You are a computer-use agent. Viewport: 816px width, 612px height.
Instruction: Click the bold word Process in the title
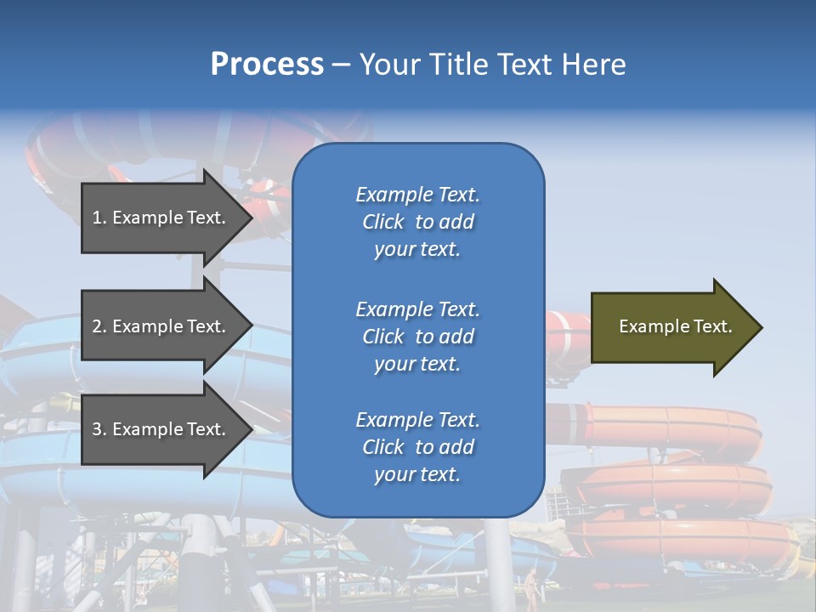pyautogui.click(x=267, y=65)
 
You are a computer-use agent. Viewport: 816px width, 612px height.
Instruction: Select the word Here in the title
pyautogui.click(x=592, y=65)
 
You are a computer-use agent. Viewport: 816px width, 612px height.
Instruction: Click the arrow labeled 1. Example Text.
pyautogui.click(x=161, y=218)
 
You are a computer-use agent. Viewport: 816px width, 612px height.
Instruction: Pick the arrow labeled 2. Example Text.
pyautogui.click(x=161, y=326)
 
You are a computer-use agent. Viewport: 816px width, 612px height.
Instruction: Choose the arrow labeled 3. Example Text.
pyautogui.click(x=161, y=429)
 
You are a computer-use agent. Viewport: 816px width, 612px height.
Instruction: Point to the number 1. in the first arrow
pyautogui.click(x=99, y=218)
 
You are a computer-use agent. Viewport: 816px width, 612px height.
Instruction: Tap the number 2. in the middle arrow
pyautogui.click(x=99, y=326)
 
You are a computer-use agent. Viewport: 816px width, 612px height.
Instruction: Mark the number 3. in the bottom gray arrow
pyautogui.click(x=99, y=429)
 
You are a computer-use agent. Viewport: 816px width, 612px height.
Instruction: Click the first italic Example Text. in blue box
pyautogui.click(x=417, y=195)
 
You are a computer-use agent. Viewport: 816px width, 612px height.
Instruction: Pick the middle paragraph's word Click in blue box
pyautogui.click(x=383, y=337)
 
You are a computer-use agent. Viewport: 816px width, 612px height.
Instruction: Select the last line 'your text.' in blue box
pyautogui.click(x=417, y=474)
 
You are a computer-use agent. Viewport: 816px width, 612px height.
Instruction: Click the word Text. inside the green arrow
pyautogui.click(x=712, y=326)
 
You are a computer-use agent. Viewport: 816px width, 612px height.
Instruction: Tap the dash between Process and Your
pyautogui.click(x=341, y=65)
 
